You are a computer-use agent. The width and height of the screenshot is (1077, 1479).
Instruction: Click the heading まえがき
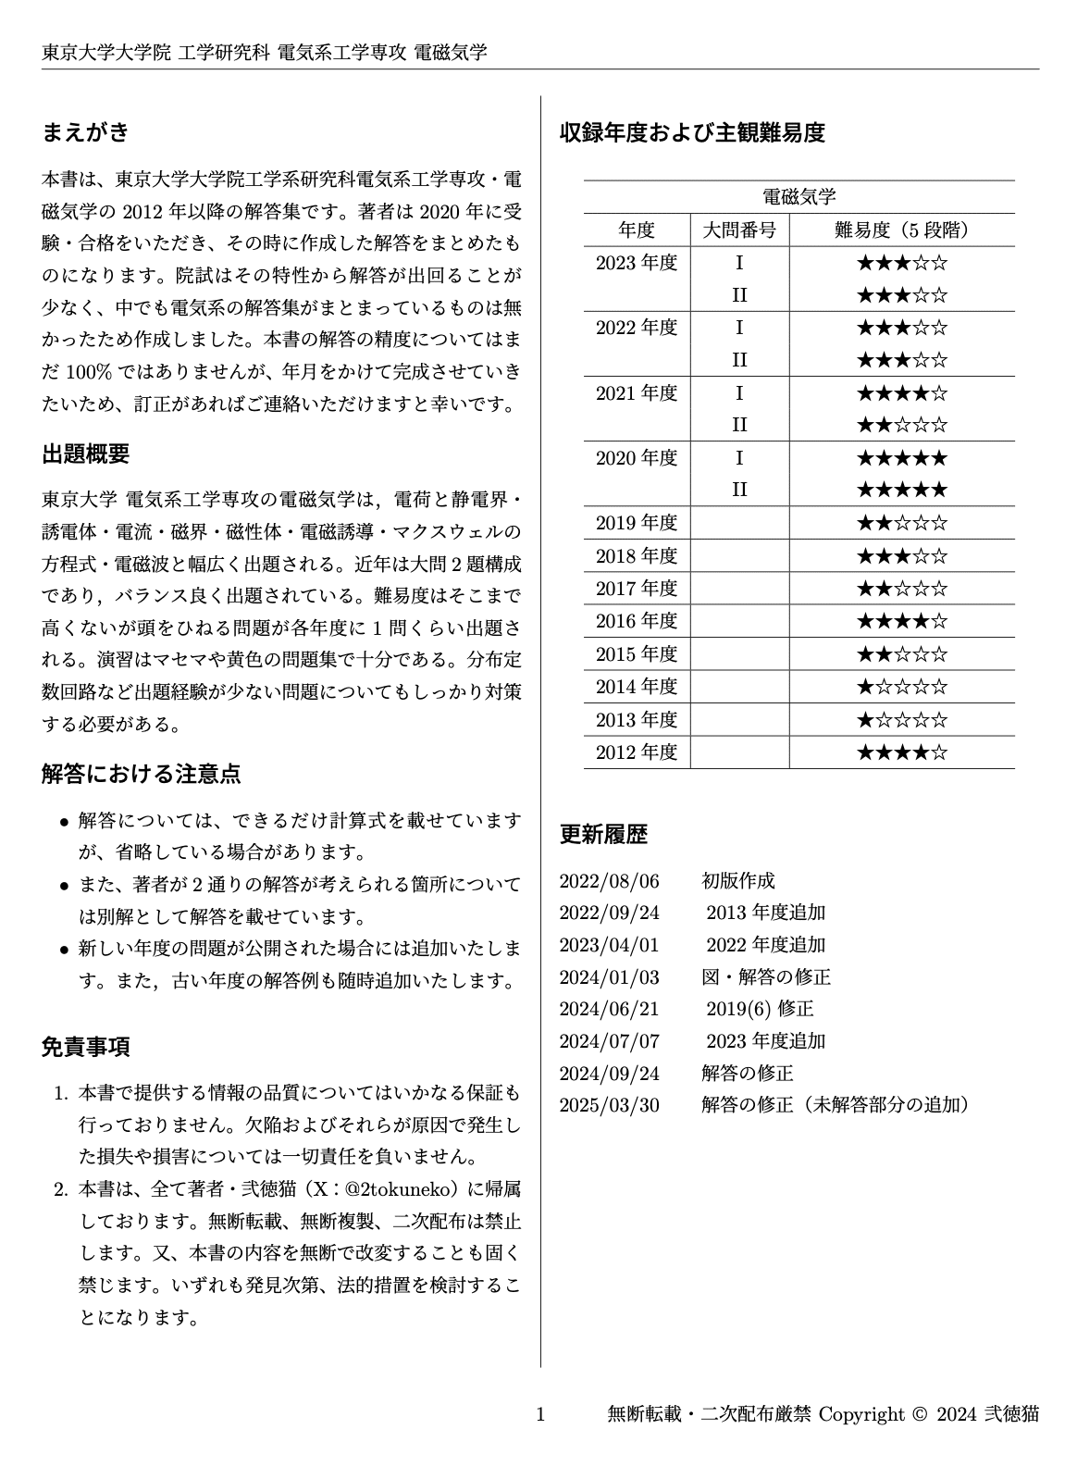[85, 132]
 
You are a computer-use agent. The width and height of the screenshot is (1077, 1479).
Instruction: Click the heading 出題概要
[85, 454]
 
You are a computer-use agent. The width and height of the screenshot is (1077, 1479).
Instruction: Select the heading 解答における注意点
[142, 774]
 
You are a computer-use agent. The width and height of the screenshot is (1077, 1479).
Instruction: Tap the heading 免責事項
[85, 1047]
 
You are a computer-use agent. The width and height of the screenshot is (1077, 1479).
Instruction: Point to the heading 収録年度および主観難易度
[691, 132]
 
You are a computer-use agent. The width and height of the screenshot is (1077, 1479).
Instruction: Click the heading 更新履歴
[603, 834]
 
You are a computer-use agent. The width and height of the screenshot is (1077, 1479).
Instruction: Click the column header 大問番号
[739, 230]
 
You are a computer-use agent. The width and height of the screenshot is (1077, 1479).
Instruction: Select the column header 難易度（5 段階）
[901, 230]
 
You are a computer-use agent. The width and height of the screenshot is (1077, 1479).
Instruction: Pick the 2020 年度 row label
[637, 457]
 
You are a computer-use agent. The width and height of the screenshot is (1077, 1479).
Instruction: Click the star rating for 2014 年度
[901, 687]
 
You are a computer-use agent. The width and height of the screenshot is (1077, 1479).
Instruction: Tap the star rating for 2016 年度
[901, 621]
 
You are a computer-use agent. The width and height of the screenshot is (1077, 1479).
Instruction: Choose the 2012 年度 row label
[637, 752]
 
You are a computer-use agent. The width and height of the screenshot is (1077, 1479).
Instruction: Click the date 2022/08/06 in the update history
[609, 880]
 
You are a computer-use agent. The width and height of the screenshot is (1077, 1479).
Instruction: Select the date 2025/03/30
[609, 1104]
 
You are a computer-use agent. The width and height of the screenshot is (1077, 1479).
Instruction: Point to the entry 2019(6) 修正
[760, 1008]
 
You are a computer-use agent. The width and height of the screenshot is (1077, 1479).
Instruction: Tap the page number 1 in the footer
[541, 1413]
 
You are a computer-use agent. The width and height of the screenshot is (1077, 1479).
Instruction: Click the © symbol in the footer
[919, 1413]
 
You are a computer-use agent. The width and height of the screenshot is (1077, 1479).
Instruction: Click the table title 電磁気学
[798, 196]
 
